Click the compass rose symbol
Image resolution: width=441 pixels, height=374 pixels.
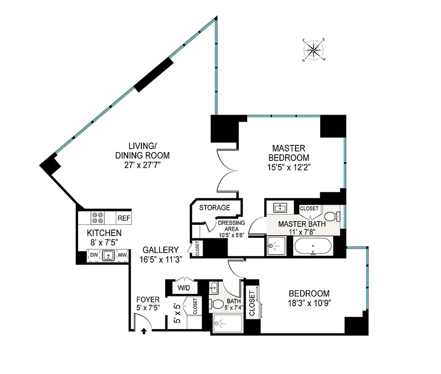click(x=314, y=50)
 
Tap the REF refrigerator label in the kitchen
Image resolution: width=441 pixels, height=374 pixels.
click(x=124, y=218)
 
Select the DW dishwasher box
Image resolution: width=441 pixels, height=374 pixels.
click(x=94, y=255)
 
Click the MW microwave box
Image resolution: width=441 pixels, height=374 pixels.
click(x=122, y=255)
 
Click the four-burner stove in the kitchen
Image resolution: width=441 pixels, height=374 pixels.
click(x=98, y=218)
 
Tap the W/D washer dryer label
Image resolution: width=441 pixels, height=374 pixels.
click(x=180, y=288)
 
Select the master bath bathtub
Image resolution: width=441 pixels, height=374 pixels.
click(x=313, y=245)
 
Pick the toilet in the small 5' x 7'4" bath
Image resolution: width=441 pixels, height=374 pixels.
click(x=217, y=304)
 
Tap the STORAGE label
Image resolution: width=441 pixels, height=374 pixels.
click(x=215, y=208)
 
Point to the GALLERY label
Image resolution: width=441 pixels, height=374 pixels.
click(x=161, y=250)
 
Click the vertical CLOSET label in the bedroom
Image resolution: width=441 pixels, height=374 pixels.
click(x=252, y=303)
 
